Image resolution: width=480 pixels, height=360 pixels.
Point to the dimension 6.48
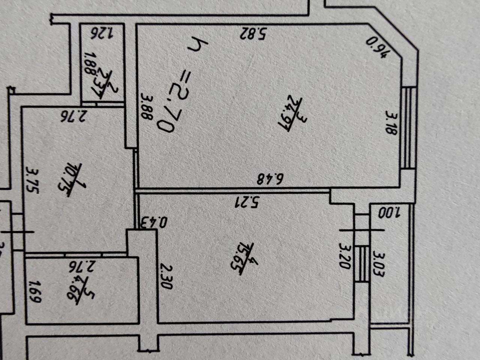(x=270, y=179)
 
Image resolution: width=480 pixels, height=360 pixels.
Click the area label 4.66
(x=80, y=290)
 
